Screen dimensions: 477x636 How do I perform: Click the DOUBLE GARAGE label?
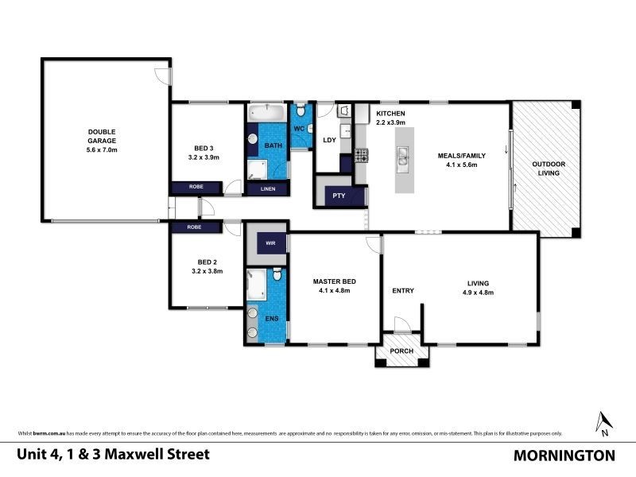point(102,140)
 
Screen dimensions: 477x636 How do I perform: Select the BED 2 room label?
point(206,266)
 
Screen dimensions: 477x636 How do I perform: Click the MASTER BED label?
point(333,285)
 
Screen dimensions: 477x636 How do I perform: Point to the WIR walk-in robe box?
point(271,243)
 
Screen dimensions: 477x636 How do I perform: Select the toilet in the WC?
point(300,114)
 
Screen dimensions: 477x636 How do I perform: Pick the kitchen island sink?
point(402,159)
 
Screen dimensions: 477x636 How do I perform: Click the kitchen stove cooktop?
point(360,156)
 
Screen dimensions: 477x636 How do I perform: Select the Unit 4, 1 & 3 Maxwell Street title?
point(114,455)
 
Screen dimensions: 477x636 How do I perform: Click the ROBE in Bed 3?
point(196,188)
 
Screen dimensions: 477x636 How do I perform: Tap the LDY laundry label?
point(328,141)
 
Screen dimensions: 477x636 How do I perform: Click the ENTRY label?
point(403,290)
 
